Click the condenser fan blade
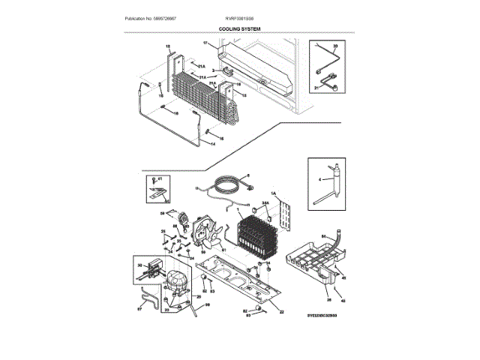click(x=208, y=236)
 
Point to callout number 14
click(x=212, y=142)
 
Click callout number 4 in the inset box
click(x=319, y=180)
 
